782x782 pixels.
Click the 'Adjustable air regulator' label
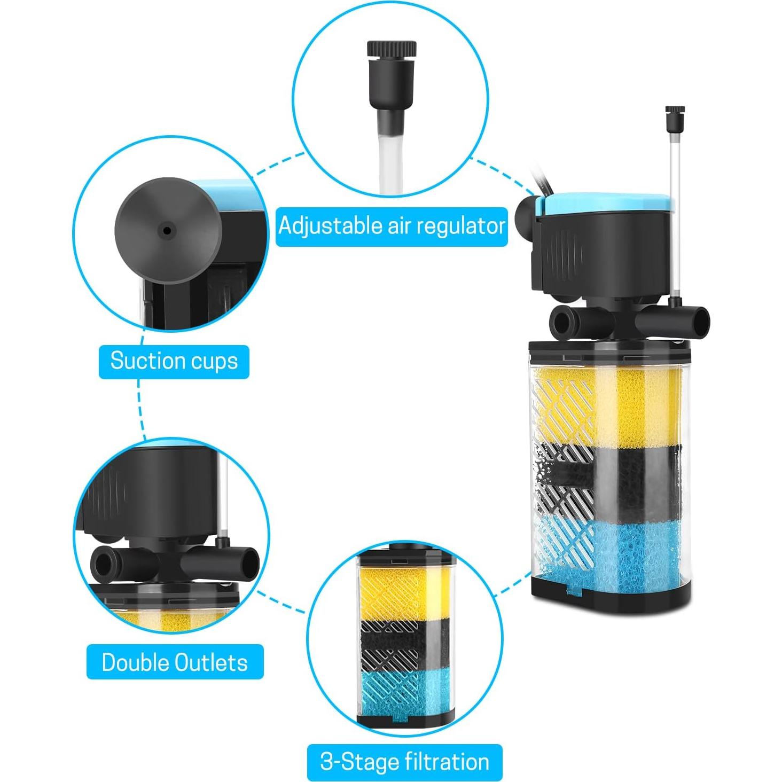pos(392,226)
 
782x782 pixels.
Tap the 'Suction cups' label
pos(174,361)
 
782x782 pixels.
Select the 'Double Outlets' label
pos(175,662)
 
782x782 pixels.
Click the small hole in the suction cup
pos(167,231)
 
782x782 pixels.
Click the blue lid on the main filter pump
pos(609,203)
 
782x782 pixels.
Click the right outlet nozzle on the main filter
pos(694,322)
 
